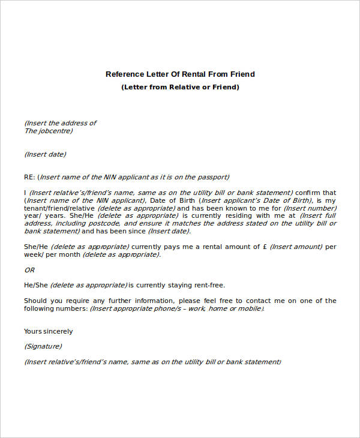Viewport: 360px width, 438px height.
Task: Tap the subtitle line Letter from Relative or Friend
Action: coord(180,87)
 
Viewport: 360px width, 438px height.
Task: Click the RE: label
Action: coord(29,177)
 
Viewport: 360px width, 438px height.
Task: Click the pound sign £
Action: coord(264,247)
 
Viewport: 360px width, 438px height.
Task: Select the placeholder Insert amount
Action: coord(296,247)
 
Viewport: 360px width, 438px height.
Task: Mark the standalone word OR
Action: coord(29,269)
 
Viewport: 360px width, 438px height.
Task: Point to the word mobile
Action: coord(249,308)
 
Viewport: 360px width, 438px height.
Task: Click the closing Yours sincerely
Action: coord(48,331)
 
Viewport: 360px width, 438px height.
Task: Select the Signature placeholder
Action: coord(43,346)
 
